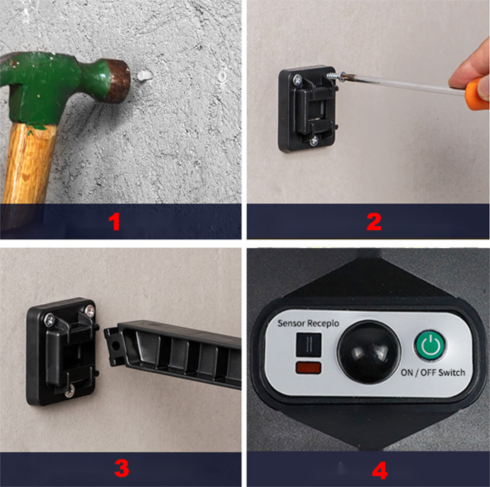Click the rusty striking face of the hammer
[x=119, y=80]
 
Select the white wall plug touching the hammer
[x=143, y=75]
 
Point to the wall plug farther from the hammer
[x=222, y=75]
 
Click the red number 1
[x=114, y=222]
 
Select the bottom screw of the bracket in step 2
[x=314, y=140]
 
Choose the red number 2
[x=374, y=222]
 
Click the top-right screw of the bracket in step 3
[x=90, y=310]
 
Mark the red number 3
[x=121, y=468]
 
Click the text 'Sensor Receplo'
[x=308, y=323]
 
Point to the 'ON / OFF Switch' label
[x=433, y=372]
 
